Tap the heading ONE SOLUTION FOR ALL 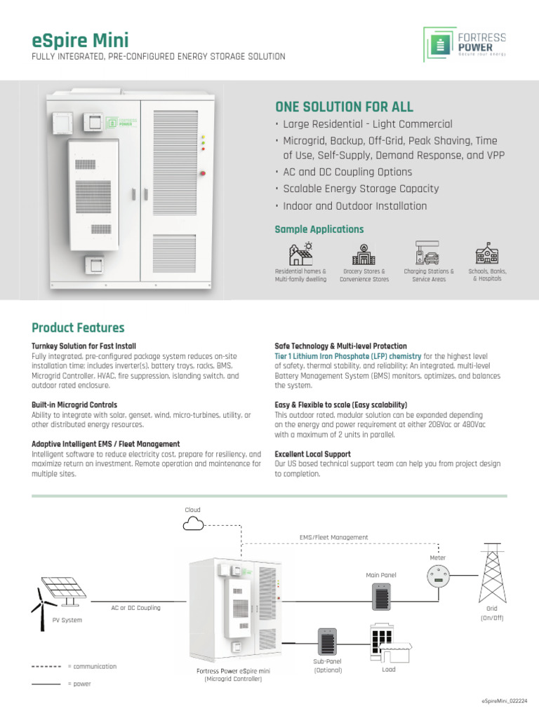point(344,107)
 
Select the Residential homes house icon point(300,253)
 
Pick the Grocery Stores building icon point(364,253)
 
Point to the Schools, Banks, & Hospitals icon point(487,253)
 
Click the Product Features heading point(78,328)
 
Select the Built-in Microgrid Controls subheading point(74,405)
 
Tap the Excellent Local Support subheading point(312,454)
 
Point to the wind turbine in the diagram point(43,604)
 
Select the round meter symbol point(438,578)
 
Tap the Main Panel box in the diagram point(380,597)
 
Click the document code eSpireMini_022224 point(504,701)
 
